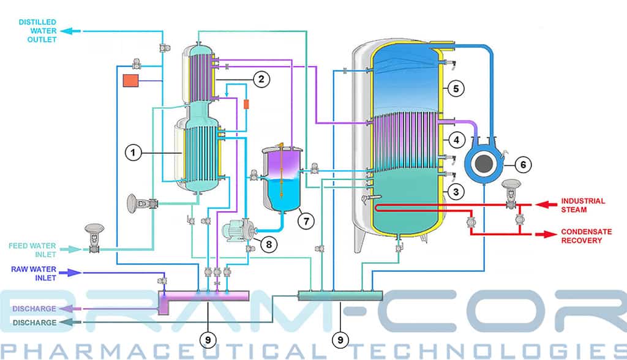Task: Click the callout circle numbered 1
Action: pyautogui.click(x=133, y=152)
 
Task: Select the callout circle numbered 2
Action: pyautogui.click(x=261, y=79)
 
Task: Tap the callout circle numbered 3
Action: pyautogui.click(x=456, y=192)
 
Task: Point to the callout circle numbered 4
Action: pyautogui.click(x=456, y=140)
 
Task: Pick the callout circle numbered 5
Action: pyautogui.click(x=456, y=88)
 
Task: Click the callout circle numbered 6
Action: pyautogui.click(x=523, y=165)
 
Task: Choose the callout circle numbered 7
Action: pyautogui.click(x=306, y=221)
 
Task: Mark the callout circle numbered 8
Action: pyautogui.click(x=269, y=244)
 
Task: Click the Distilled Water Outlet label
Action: pyautogui.click(x=37, y=31)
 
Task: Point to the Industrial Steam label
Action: pyautogui.click(x=583, y=205)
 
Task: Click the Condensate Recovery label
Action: pyautogui.click(x=586, y=236)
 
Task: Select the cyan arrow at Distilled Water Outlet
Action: pyautogui.click(x=71, y=31)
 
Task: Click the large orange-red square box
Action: pyautogui.click(x=131, y=80)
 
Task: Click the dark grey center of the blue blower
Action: pyautogui.click(x=484, y=163)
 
